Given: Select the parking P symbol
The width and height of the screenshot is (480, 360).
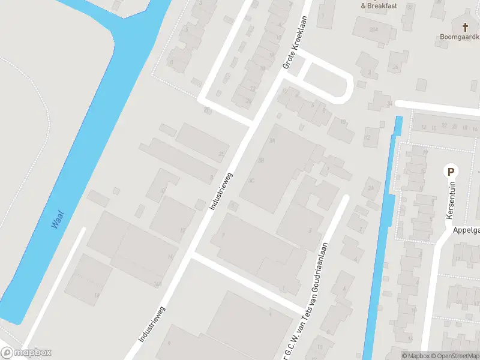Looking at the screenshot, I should (449, 172).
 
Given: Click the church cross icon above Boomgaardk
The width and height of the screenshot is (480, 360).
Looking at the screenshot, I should (466, 27).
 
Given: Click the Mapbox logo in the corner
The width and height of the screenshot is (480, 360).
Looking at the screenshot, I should (26, 353).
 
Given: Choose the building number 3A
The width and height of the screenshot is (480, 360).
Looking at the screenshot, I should (272, 140).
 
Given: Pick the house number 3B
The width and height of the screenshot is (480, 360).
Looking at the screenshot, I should (260, 160).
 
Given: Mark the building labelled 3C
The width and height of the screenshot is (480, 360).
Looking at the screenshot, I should (251, 180).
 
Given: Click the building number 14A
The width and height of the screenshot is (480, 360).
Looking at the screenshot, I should (158, 284).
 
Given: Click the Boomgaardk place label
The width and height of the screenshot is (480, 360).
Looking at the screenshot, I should (458, 36).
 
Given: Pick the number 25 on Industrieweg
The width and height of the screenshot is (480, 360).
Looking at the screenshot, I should (221, 155).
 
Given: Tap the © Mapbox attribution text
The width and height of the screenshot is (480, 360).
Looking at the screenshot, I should (415, 356).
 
